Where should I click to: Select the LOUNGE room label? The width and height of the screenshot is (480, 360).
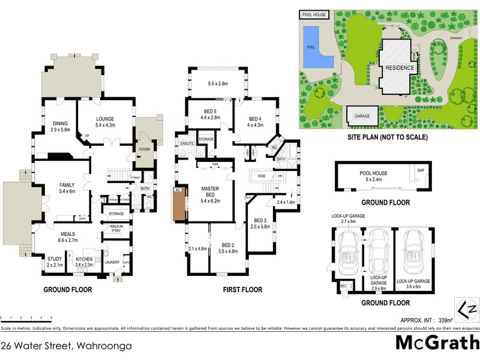(104, 119)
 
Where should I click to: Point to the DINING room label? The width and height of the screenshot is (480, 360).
(60, 124)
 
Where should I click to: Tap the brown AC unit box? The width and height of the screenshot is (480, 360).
(178, 205)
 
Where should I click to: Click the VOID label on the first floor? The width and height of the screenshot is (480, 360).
(260, 176)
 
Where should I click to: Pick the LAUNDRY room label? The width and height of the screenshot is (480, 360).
(112, 262)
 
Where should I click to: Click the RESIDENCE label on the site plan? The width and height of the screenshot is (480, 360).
(399, 68)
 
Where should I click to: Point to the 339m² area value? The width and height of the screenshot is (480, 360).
(445, 320)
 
